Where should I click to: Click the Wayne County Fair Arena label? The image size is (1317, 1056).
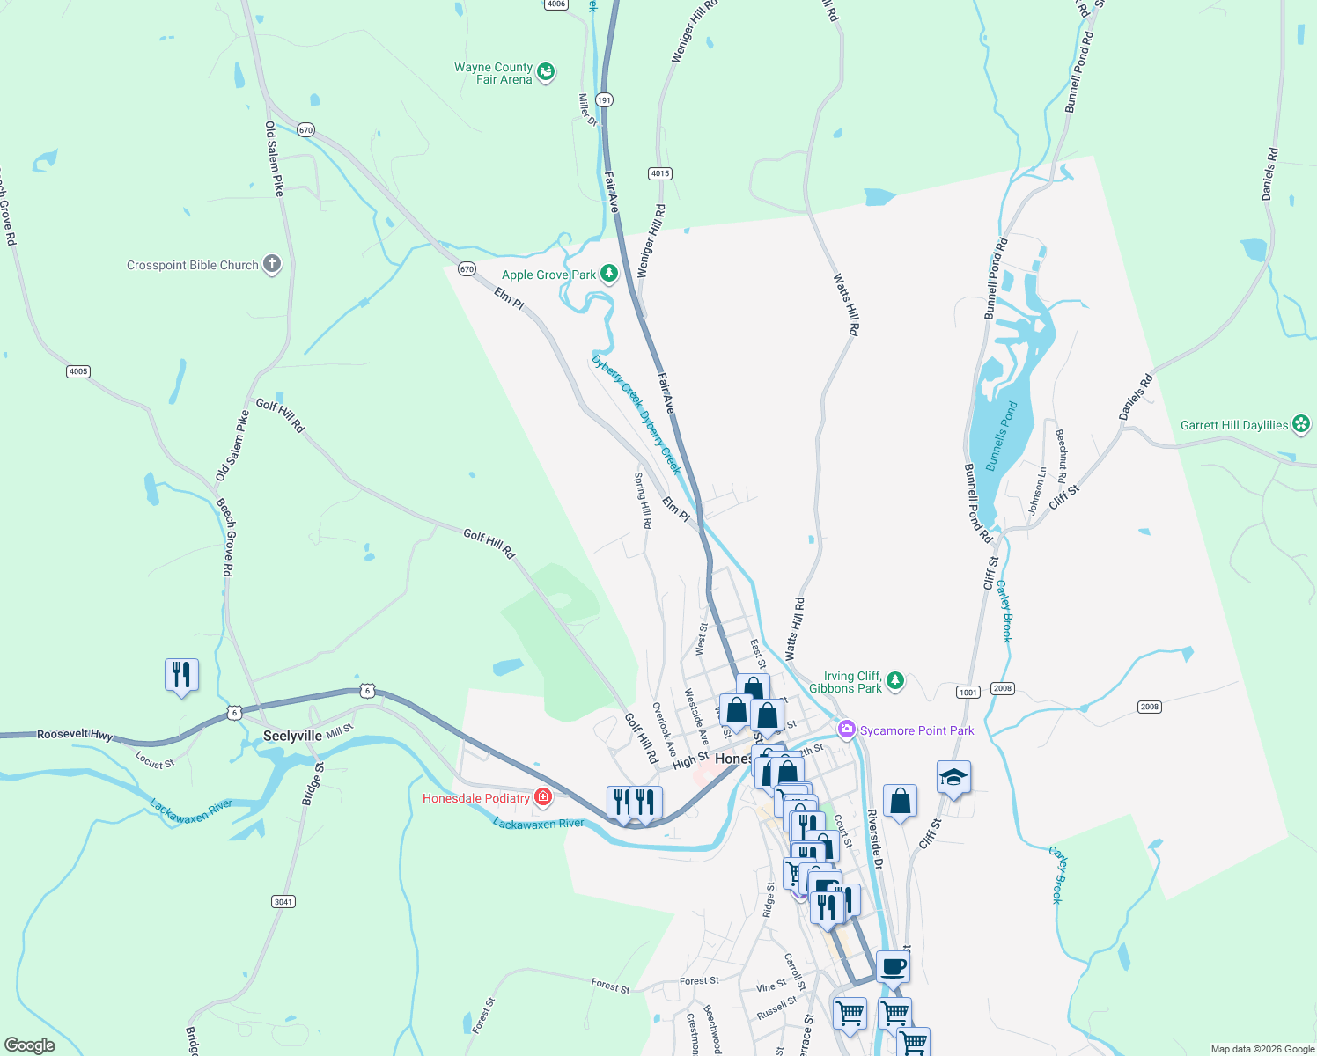point(494,73)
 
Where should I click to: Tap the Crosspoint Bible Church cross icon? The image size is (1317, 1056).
point(272,264)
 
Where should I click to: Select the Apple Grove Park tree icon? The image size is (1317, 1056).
point(608,274)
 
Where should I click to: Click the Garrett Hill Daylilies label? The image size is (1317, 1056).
point(1234,425)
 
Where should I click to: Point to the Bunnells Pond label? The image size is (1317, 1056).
point(1001,436)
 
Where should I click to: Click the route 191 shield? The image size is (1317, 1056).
point(604,99)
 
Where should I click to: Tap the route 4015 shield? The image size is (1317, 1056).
point(660,173)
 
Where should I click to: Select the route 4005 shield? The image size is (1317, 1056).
point(78,371)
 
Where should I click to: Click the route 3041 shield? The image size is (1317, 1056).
point(283,901)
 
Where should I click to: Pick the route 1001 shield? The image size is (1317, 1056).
point(968,692)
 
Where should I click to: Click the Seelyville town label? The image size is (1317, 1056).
point(292,736)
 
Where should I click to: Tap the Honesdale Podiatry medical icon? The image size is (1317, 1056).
point(543,797)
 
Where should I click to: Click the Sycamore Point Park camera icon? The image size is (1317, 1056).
point(846,730)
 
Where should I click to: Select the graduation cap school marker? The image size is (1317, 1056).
point(953,778)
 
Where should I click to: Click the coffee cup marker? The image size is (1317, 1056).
point(893,966)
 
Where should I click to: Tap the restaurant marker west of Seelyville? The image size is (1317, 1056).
point(181,675)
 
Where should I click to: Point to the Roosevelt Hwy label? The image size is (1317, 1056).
point(75,734)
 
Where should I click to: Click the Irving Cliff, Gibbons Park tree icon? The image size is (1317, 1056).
point(895,680)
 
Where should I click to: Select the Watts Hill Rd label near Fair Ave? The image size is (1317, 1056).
point(794,629)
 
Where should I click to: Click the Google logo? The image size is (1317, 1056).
point(30,1045)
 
